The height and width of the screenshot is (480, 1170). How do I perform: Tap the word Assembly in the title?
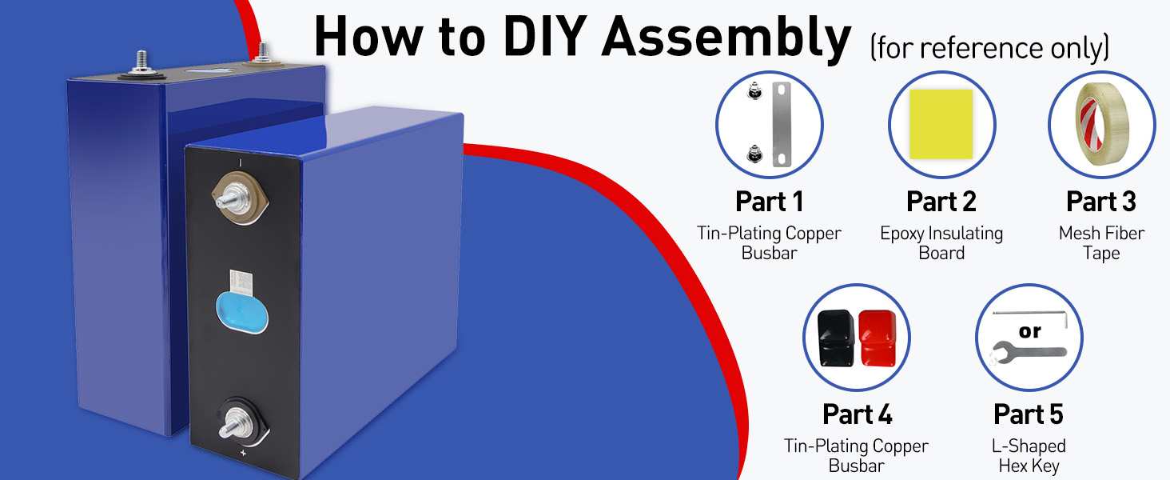point(726,39)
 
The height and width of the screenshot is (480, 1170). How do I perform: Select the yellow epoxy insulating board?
point(941,124)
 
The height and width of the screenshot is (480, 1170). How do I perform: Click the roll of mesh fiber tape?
point(1102,123)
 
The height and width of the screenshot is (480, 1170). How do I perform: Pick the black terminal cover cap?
point(836,338)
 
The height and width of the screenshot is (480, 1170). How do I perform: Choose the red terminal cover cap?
point(878,338)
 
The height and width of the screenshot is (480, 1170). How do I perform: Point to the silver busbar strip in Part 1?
point(782,124)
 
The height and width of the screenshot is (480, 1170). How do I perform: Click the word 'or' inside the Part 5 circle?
point(1029,331)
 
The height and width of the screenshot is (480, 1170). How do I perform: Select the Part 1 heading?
point(769,202)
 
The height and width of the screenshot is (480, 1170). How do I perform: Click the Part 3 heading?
point(1101,202)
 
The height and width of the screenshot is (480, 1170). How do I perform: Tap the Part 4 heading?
point(858,414)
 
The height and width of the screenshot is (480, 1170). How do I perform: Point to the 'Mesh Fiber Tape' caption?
point(1101,242)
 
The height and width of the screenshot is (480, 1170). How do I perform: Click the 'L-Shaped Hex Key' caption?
point(1029,455)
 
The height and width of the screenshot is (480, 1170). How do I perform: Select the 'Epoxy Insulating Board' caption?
point(941,242)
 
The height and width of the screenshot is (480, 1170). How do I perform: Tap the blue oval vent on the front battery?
point(242,312)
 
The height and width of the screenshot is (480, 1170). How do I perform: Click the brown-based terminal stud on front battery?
point(240,198)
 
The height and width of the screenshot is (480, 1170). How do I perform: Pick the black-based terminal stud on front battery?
point(243,422)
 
